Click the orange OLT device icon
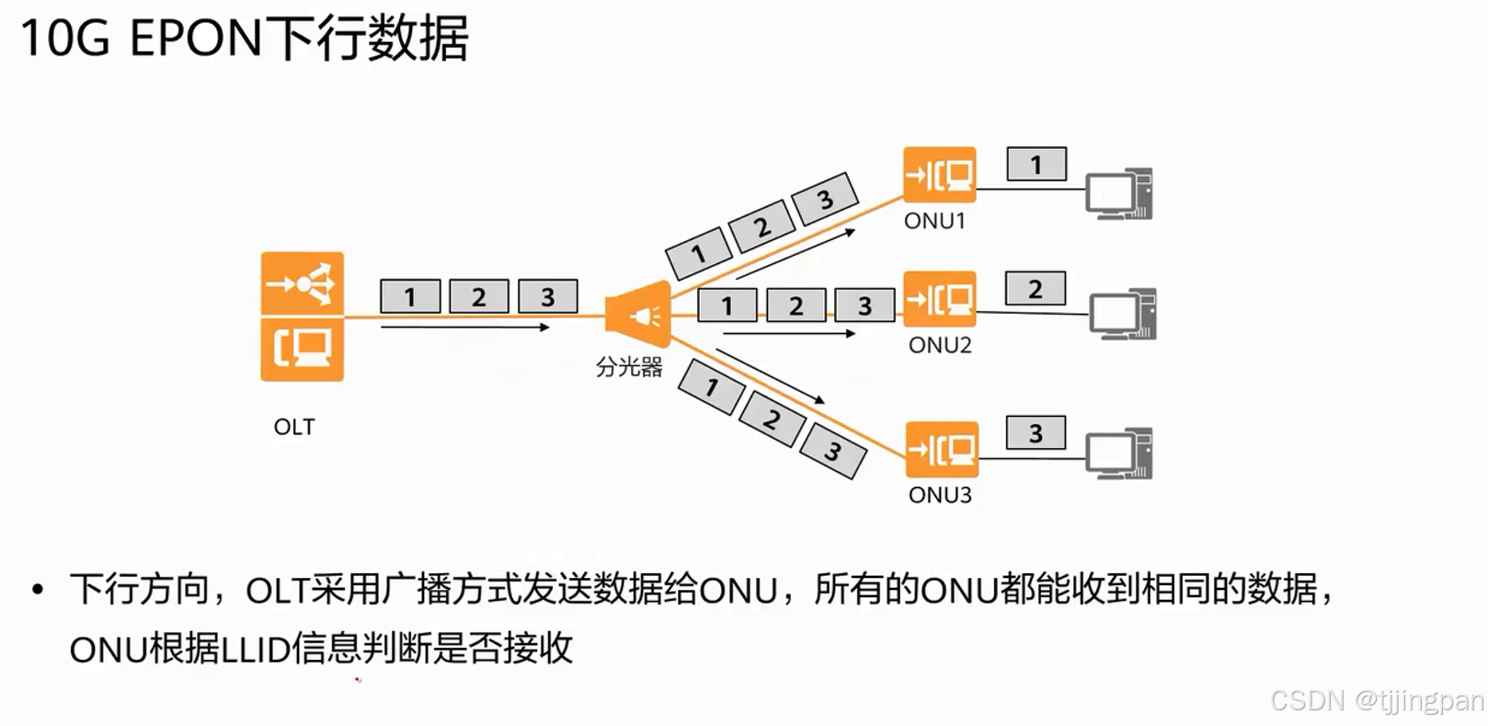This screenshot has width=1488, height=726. point(302,317)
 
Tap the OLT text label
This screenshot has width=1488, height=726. point(294,427)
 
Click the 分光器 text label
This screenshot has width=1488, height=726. point(629,368)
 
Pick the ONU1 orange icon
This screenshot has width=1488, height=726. point(939,174)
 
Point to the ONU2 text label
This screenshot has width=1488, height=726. point(940,345)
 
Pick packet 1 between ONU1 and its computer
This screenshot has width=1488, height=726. point(1036,165)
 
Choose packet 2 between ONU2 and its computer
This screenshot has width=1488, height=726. point(1036,289)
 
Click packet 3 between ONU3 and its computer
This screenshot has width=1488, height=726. point(1036,432)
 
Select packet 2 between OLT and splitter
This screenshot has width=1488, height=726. point(479,297)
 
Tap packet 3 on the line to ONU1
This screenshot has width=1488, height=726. point(825,199)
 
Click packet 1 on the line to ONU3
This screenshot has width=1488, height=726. point(711,387)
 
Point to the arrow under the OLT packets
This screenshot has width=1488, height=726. point(464,328)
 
